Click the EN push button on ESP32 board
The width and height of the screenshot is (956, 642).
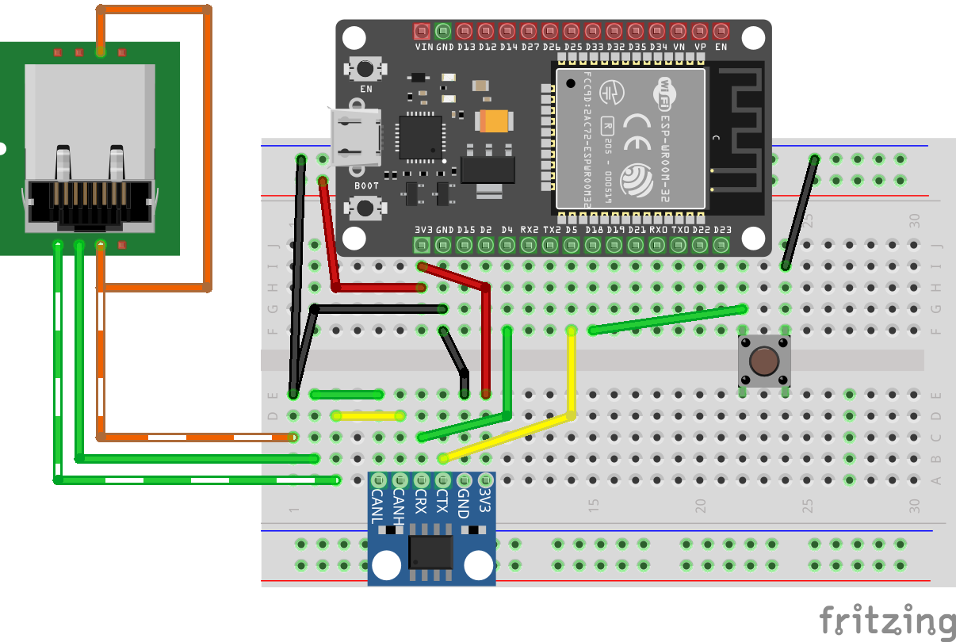pyautogui.click(x=365, y=69)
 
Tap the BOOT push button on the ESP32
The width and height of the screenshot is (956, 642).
pyautogui.click(x=365, y=208)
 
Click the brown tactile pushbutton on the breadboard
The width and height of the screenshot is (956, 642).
pyautogui.click(x=764, y=361)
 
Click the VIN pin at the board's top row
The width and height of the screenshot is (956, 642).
pyautogui.click(x=422, y=32)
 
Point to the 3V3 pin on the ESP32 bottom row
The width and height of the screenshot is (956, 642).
pyautogui.click(x=422, y=245)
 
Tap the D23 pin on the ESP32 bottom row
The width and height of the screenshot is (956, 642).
pyautogui.click(x=721, y=245)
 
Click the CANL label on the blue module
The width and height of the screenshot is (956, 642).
pyautogui.click(x=378, y=507)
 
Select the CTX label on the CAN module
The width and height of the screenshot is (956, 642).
pyautogui.click(x=442, y=504)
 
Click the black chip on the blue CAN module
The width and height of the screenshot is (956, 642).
pyautogui.click(x=431, y=552)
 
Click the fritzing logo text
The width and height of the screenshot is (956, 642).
pyautogui.click(x=886, y=621)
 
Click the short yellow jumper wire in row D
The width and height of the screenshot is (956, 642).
pyautogui.click(x=369, y=415)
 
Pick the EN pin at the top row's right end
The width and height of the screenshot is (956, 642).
pyautogui.click(x=721, y=32)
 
